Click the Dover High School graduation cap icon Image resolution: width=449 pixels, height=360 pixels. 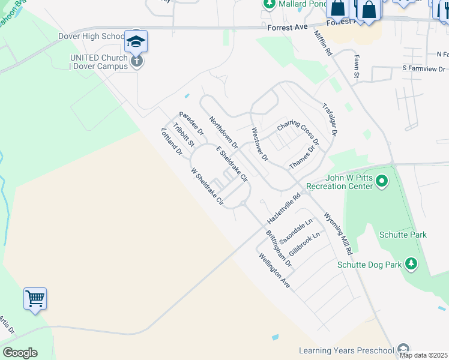[x=136, y=41]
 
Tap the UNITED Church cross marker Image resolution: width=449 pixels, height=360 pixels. [x=137, y=61]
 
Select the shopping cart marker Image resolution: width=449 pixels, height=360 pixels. [x=35, y=298]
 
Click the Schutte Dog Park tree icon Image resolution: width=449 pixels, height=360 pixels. [x=411, y=264]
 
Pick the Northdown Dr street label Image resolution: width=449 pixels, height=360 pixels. [x=223, y=133]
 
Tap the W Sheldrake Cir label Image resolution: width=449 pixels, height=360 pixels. [x=207, y=187]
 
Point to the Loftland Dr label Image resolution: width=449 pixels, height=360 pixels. [x=172, y=142]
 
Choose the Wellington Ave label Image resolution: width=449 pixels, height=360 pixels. [x=275, y=271]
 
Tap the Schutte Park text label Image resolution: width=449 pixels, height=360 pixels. [x=403, y=235]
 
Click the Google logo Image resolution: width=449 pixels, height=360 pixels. [x=20, y=352]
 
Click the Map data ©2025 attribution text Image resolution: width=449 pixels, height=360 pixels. [x=424, y=355]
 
